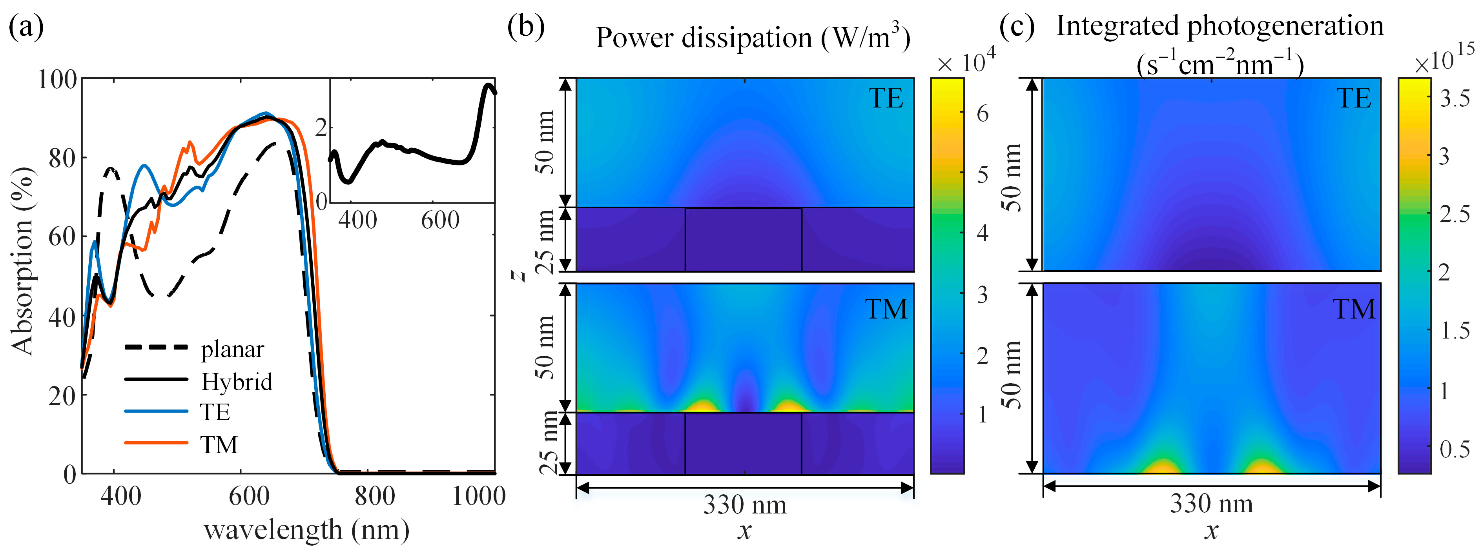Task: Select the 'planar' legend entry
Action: (x=232, y=349)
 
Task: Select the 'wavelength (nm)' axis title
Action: (x=306, y=530)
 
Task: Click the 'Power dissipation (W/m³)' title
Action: (x=753, y=38)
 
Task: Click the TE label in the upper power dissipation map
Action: (x=886, y=98)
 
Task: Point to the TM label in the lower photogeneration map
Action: (x=1354, y=309)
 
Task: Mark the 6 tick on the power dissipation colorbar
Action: (x=983, y=114)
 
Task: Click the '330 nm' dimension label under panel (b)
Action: (x=744, y=505)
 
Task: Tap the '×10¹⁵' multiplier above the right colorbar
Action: (x=1444, y=61)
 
